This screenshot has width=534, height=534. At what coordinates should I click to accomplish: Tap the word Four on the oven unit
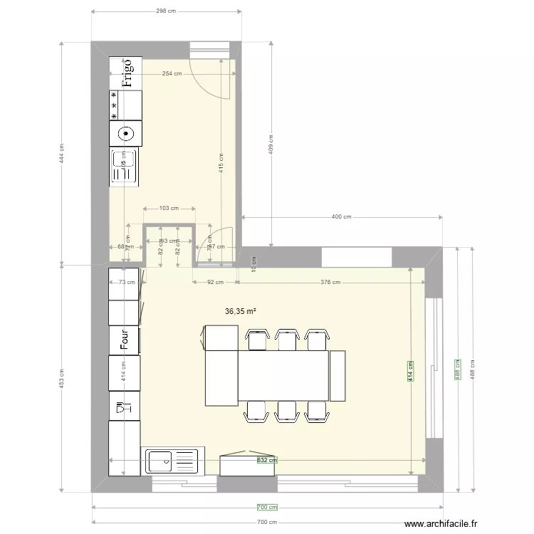(x=124, y=340)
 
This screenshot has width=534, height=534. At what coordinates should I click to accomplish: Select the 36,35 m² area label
(x=241, y=311)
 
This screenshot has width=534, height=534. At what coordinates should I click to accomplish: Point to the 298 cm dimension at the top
(x=166, y=11)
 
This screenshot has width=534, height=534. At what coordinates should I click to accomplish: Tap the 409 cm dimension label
(x=270, y=145)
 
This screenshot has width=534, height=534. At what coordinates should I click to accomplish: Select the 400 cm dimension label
(x=342, y=216)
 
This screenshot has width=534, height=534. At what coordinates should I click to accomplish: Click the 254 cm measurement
(x=171, y=73)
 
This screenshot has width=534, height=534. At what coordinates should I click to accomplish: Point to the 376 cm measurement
(x=330, y=282)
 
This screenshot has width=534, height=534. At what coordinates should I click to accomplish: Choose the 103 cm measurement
(x=169, y=209)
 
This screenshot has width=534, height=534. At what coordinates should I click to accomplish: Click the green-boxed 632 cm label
(x=266, y=461)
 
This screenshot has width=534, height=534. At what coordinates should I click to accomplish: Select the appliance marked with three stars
(x=125, y=104)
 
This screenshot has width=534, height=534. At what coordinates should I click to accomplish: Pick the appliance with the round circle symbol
(x=125, y=132)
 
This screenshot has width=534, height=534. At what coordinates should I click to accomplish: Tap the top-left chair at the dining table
(x=256, y=340)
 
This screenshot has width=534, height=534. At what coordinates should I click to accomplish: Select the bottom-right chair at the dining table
(x=317, y=411)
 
